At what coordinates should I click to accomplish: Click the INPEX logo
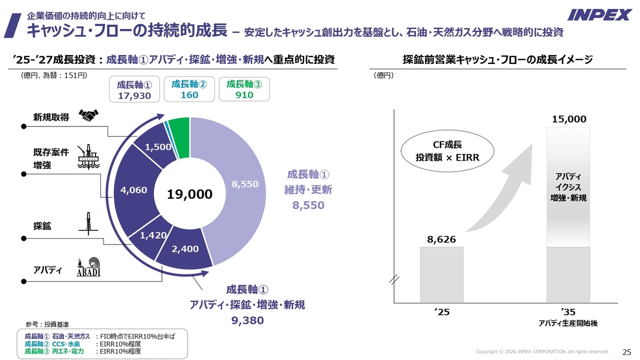(599, 15)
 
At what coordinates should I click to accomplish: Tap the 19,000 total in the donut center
(189, 194)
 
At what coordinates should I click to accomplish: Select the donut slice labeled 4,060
(133, 190)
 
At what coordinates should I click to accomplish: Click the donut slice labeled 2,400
(185, 249)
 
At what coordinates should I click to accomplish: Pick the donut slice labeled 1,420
(153, 235)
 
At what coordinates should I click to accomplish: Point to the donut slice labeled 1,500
(158, 146)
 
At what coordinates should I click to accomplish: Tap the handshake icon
(89, 116)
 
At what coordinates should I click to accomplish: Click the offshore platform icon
(88, 156)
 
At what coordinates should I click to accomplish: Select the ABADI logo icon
(88, 267)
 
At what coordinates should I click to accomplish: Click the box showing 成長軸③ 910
(244, 89)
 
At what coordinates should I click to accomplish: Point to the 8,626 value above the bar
(441, 239)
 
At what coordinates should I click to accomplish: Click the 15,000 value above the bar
(569, 119)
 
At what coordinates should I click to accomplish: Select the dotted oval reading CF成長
(447, 151)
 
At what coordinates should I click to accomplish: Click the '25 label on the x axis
(442, 312)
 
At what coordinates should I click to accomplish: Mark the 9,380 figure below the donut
(247, 320)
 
